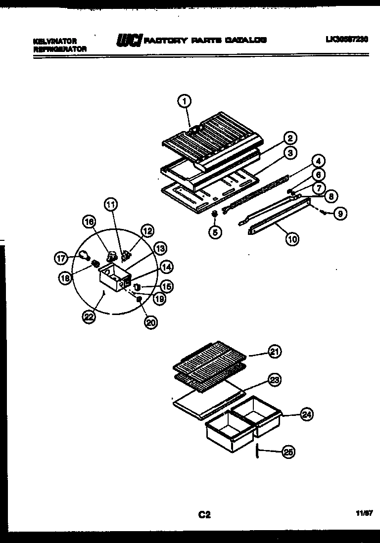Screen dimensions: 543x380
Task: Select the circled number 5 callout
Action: [x=215, y=231]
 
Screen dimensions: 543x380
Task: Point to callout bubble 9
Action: [x=340, y=214]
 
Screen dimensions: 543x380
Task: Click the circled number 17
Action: [x=60, y=257]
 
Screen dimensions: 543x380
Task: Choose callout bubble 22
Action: [x=89, y=318]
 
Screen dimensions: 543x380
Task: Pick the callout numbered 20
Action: [x=150, y=322]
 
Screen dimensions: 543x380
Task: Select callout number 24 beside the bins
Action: [x=306, y=415]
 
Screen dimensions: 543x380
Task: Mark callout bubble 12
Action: [x=147, y=230]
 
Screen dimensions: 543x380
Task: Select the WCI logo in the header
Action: [x=129, y=41]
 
